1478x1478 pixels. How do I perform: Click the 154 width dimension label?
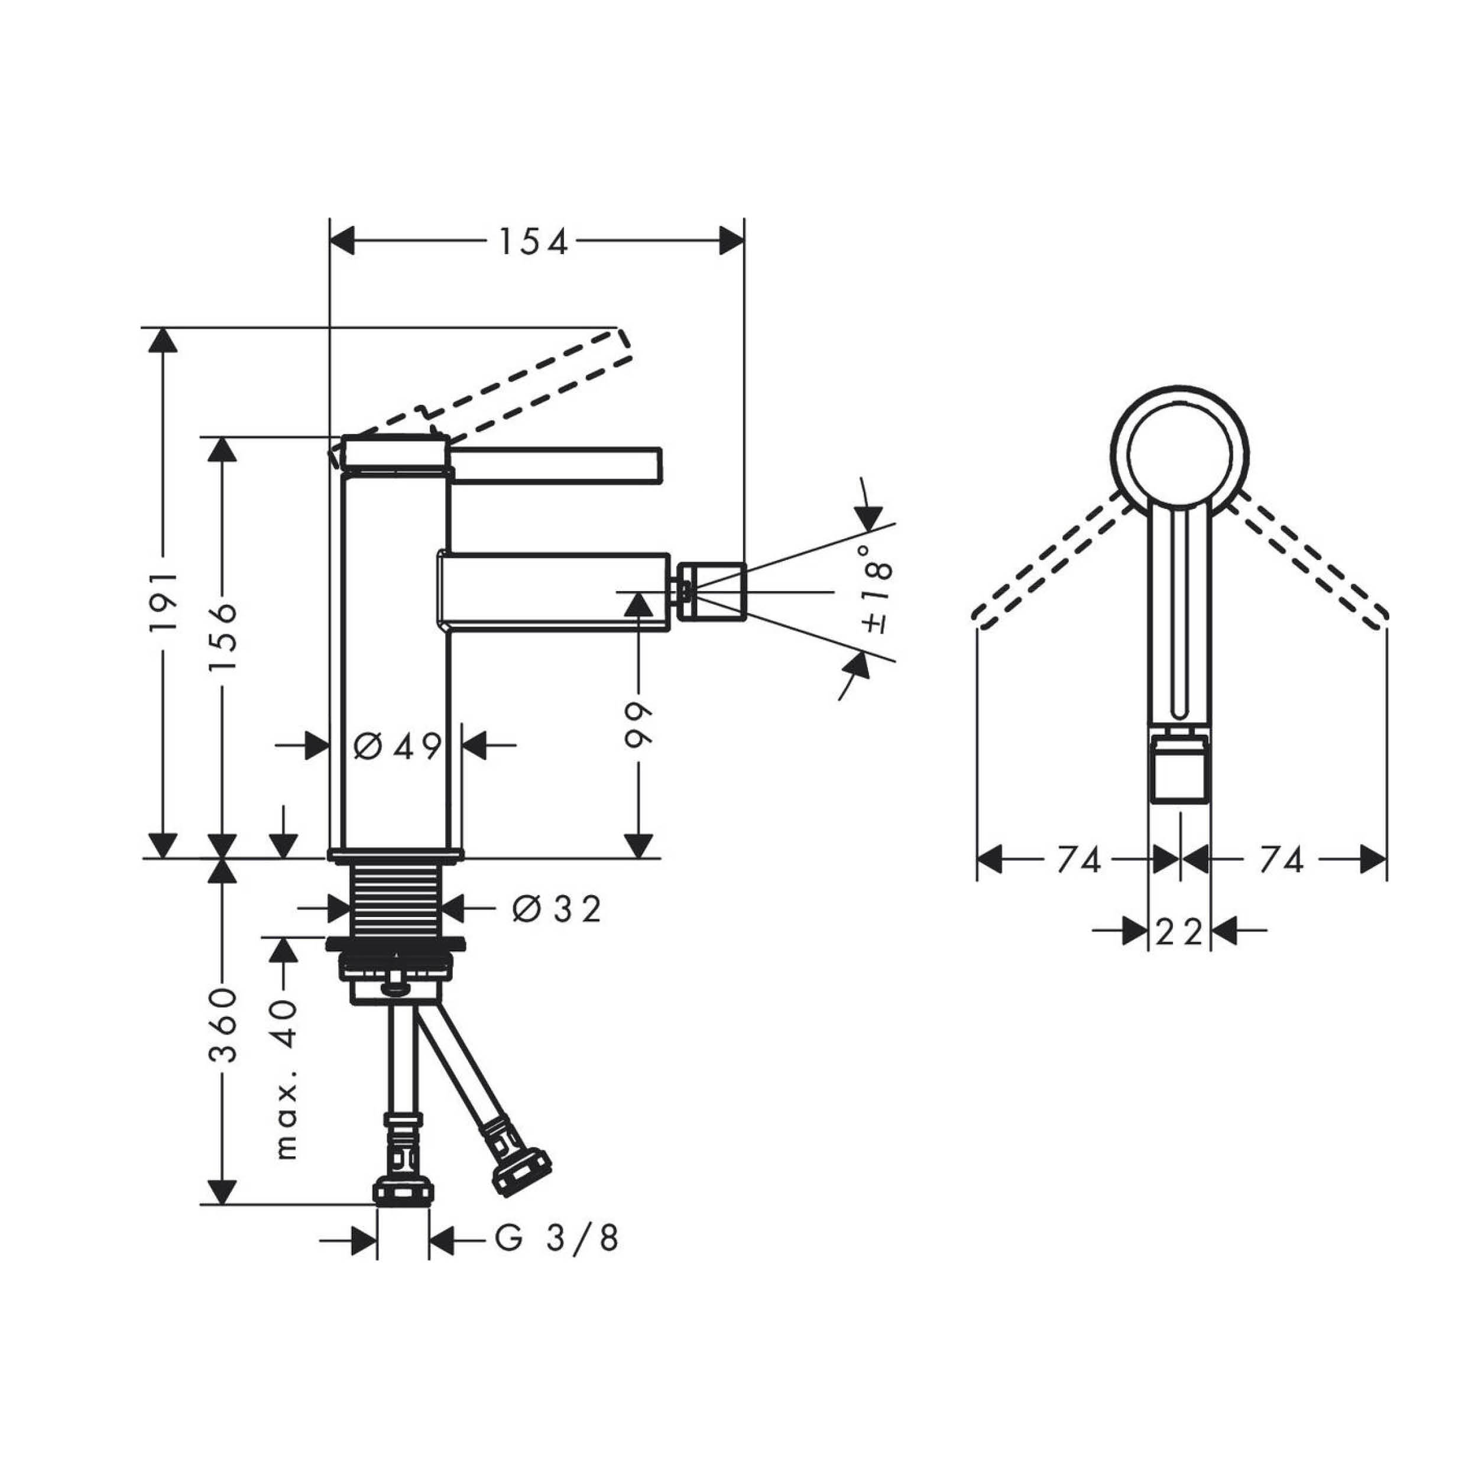[533, 242]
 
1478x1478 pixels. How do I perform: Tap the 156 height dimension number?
[223, 637]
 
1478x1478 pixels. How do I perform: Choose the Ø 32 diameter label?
[556, 909]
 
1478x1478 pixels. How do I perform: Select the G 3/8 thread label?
[556, 1238]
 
